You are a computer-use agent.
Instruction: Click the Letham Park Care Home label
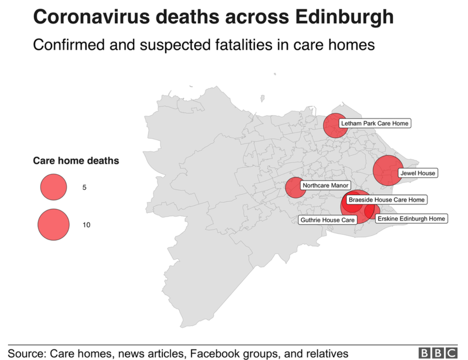point(375,124)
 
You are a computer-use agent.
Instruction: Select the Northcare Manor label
point(326,186)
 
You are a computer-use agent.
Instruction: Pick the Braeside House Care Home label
point(386,200)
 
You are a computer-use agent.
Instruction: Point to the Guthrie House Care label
point(328,220)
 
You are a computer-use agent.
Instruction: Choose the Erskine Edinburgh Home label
point(411,219)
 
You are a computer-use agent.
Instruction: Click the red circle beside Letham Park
point(335,126)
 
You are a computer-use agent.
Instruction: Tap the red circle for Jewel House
point(387,170)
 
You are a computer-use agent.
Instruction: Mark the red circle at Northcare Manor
point(295,188)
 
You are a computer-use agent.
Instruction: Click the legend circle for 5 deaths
point(53,187)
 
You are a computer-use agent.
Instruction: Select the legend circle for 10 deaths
point(53,225)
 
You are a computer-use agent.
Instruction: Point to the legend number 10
point(86,225)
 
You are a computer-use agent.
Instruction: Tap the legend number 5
point(84,188)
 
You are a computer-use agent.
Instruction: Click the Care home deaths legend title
point(76,161)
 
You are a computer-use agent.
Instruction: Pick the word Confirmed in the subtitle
point(67,44)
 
